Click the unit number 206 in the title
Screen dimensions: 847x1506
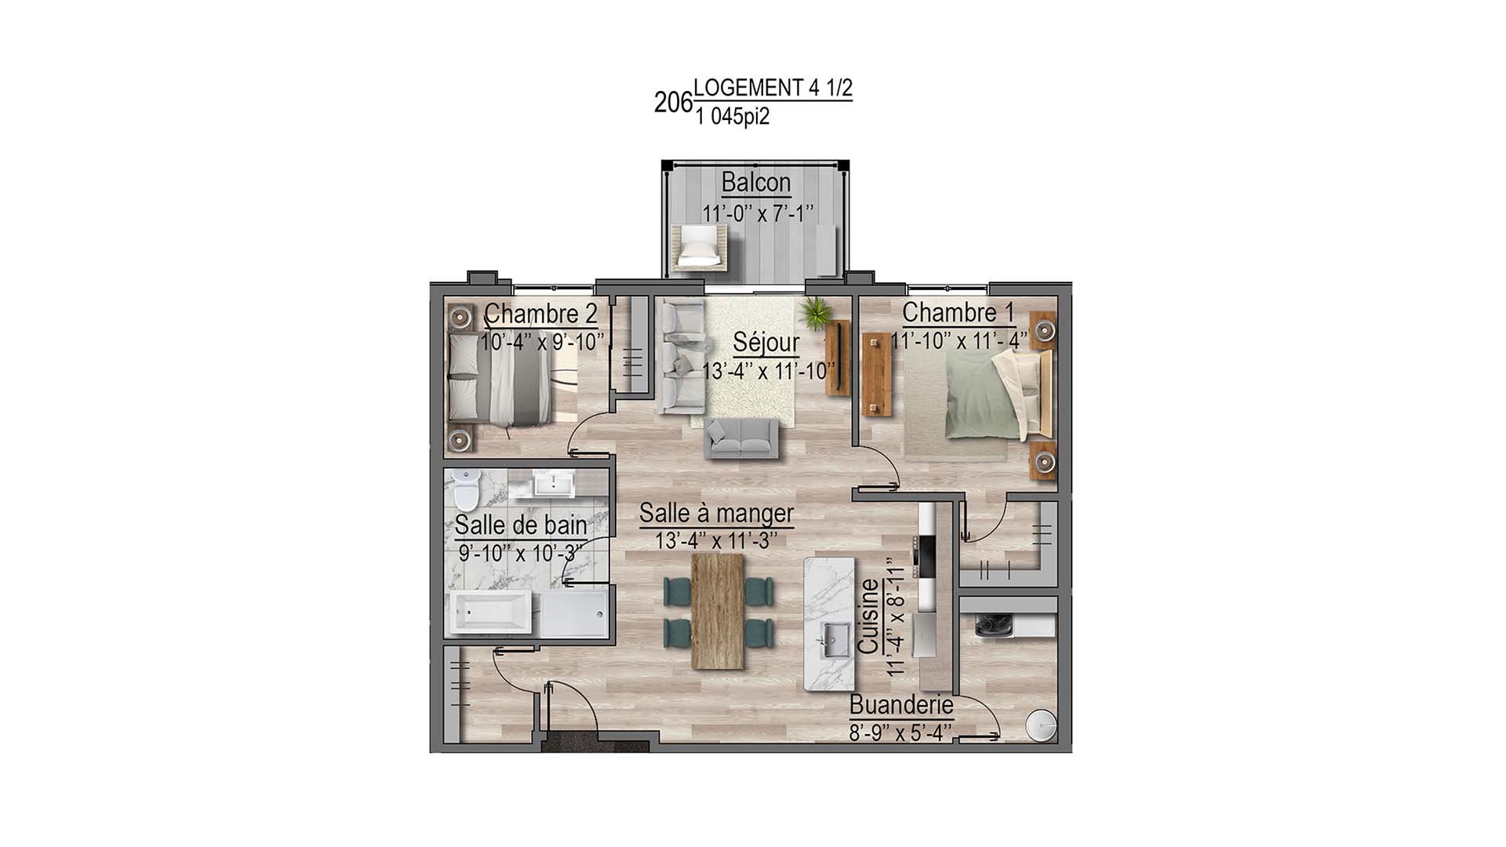tap(673, 102)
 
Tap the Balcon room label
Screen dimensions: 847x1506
tap(755, 183)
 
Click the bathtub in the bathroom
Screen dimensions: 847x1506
tap(493, 613)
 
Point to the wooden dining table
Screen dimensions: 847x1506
tap(718, 611)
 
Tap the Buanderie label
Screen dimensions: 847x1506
tap(900, 705)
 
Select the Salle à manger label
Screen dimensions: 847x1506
tap(716, 514)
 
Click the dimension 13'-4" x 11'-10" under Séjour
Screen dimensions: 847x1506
tap(768, 371)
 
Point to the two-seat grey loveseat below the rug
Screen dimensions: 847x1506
tap(741, 438)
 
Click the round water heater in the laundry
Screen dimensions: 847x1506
tap(1041, 725)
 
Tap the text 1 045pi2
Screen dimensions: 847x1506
tap(732, 118)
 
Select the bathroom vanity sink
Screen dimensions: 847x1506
tap(555, 484)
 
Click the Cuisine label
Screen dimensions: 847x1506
tap(868, 616)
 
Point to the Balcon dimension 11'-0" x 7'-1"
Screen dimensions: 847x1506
tap(757, 213)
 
